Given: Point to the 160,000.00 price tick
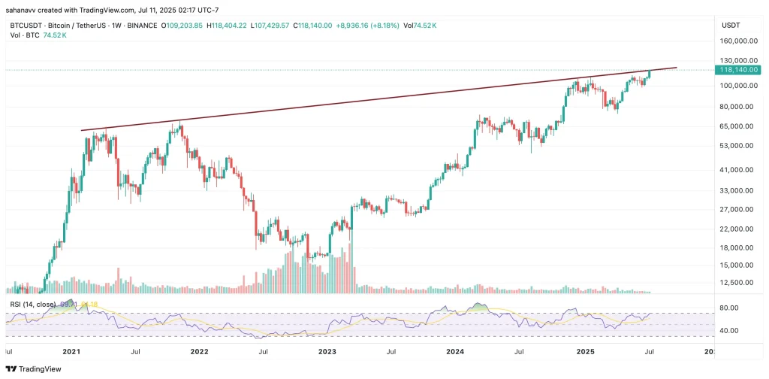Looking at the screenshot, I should click(x=737, y=42).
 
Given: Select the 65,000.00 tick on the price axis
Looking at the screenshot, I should click(x=736, y=126).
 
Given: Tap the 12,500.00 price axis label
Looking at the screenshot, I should click(x=736, y=283).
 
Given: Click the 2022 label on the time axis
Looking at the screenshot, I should click(x=199, y=350).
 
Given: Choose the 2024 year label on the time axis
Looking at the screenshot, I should click(x=454, y=350).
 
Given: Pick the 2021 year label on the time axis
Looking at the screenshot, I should click(x=71, y=350).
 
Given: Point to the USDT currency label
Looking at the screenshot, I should click(x=731, y=26).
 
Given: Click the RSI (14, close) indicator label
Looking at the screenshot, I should click(x=33, y=304).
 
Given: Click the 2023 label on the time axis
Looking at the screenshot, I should click(x=327, y=350).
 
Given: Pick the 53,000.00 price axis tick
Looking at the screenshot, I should click(x=736, y=146).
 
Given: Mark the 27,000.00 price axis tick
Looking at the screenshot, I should click(x=736, y=211).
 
